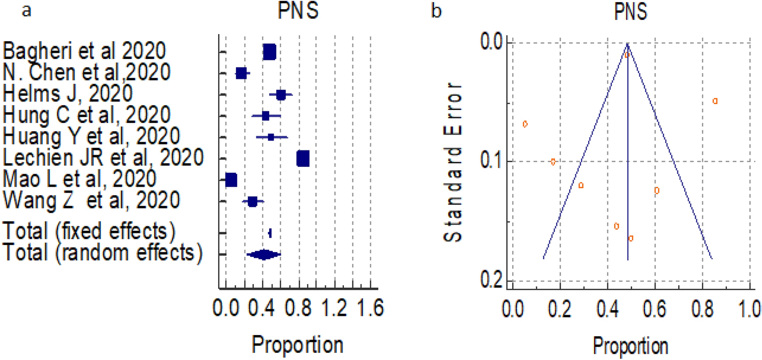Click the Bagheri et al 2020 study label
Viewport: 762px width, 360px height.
(x=84, y=51)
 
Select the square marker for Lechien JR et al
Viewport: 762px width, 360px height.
(x=303, y=159)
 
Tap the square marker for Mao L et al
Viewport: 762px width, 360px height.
(x=231, y=180)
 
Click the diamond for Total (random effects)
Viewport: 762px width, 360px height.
(x=263, y=255)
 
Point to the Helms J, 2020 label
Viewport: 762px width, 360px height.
(x=69, y=94)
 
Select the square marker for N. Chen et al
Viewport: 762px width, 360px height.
(x=241, y=74)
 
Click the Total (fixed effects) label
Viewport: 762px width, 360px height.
(x=89, y=231)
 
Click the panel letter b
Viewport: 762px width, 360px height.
(x=436, y=12)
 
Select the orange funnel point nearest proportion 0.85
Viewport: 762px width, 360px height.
(x=715, y=101)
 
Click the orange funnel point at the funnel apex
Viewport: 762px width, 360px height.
(x=627, y=54)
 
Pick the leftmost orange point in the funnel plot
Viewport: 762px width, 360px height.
(x=525, y=124)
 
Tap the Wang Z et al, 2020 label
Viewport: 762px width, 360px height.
(x=92, y=201)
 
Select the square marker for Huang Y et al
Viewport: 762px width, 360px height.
(x=271, y=137)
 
